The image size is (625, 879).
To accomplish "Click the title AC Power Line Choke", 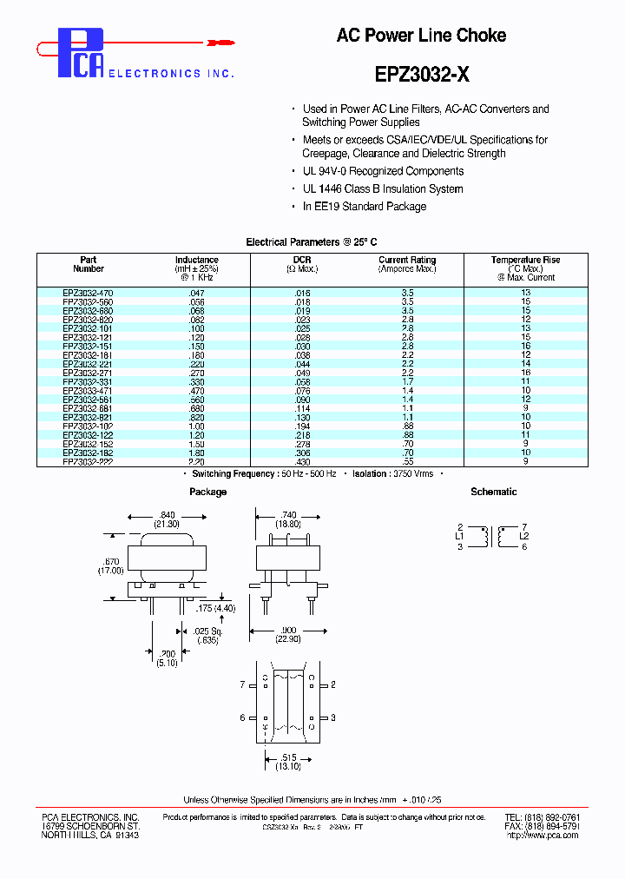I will click(421, 36).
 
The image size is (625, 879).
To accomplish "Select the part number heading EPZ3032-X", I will click(423, 75).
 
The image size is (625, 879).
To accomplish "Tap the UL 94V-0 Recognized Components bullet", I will click(383, 171).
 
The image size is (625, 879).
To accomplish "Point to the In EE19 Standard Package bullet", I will click(364, 207).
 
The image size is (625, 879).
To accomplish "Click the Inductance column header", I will click(197, 260).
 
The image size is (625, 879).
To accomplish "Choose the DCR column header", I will click(302, 260).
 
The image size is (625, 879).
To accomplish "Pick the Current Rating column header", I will click(407, 260).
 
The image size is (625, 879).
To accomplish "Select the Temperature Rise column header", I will click(525, 260).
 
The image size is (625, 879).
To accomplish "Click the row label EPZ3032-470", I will click(88, 294).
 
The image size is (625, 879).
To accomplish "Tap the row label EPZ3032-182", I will click(88, 453).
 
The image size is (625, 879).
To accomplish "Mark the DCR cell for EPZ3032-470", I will click(302, 294).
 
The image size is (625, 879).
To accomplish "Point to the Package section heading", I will click(207, 492).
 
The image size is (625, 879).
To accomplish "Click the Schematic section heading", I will click(493, 492).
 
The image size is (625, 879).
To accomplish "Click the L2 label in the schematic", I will click(524, 537).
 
